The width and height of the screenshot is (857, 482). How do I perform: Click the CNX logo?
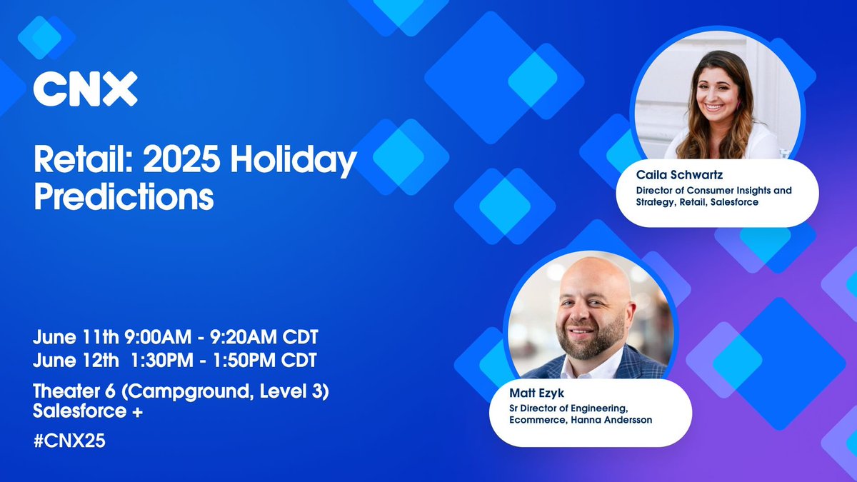[85, 89]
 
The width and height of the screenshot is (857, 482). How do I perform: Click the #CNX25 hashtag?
[69, 441]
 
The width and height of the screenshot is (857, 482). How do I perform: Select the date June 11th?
[70, 335]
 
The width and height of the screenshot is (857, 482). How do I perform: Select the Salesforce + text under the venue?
[84, 411]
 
